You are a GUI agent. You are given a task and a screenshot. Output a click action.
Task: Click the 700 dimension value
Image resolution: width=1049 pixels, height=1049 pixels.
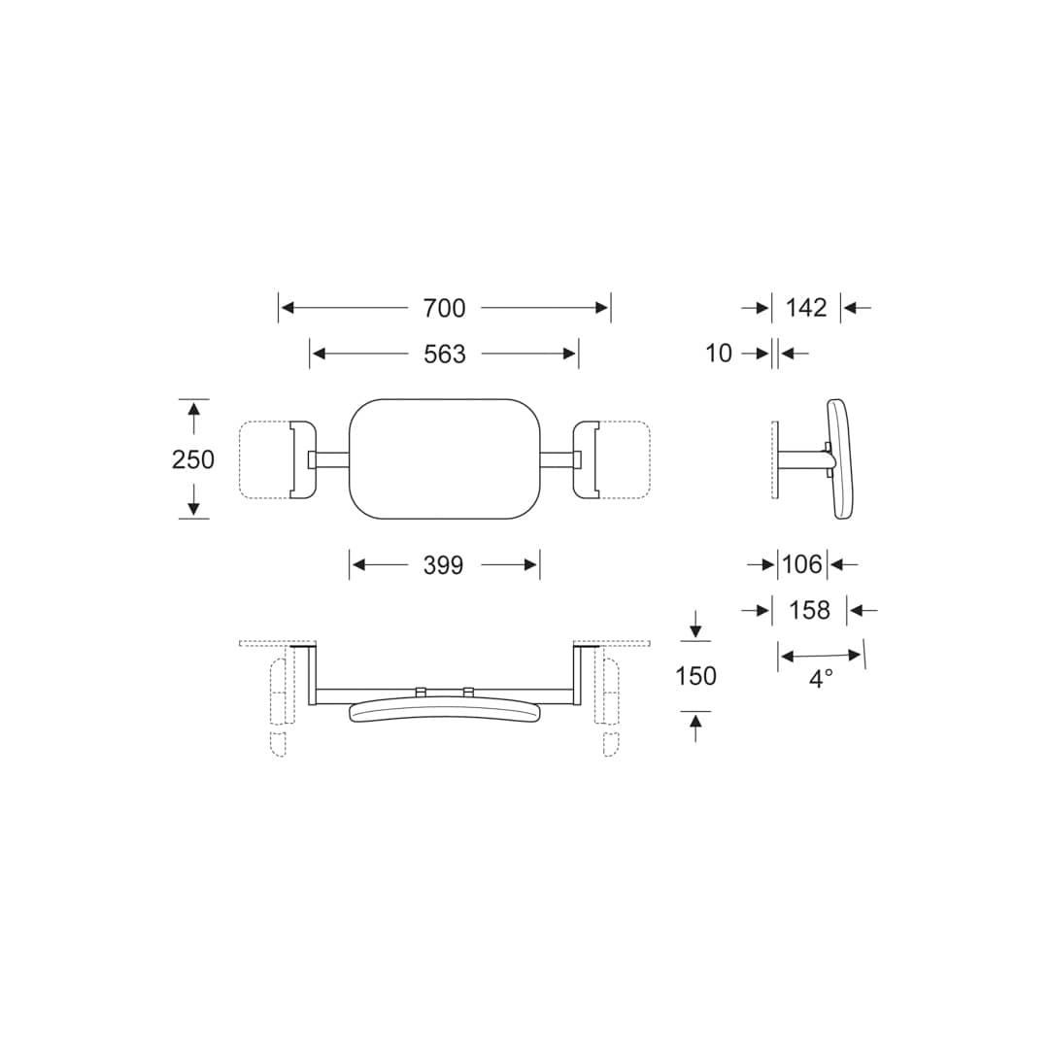click(444, 308)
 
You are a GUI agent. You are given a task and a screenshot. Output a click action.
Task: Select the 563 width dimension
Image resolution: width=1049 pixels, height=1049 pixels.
click(444, 354)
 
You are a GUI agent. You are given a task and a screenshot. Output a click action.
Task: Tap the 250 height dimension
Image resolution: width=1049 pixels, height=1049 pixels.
click(193, 459)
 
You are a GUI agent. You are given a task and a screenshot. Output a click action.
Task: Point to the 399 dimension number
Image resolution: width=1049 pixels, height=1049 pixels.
click(444, 565)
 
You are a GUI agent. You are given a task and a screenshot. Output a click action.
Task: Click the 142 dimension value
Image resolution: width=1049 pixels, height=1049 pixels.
click(806, 308)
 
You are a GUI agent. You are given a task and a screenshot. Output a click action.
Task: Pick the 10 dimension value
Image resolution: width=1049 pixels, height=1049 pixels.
click(719, 354)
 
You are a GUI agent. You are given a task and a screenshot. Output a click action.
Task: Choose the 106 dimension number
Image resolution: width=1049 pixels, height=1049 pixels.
click(802, 564)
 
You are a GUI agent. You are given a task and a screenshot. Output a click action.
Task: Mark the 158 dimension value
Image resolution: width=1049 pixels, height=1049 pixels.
click(809, 610)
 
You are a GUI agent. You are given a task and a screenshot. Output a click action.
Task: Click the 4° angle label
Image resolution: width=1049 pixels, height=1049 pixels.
click(821, 679)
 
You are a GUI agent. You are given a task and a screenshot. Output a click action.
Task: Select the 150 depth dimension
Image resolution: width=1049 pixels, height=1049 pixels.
click(695, 676)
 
